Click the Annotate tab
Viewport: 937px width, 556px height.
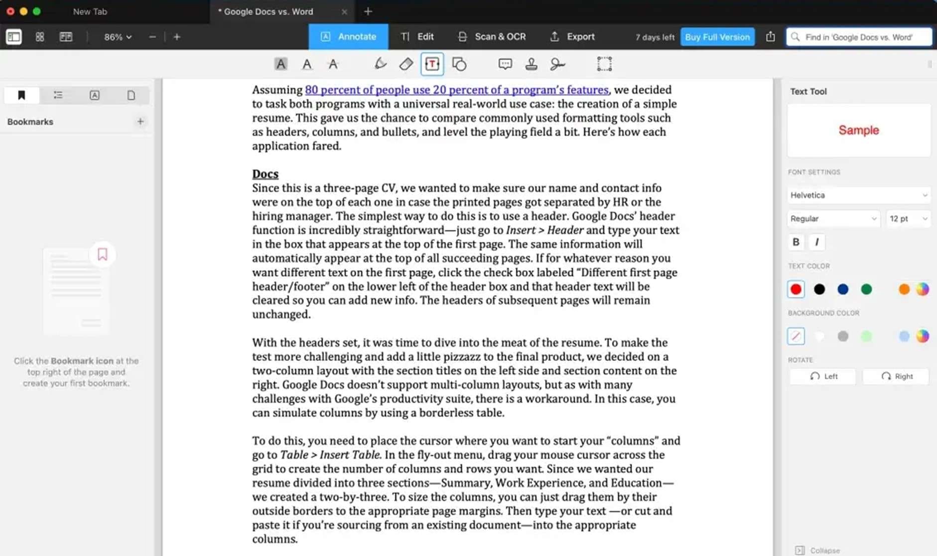(x=348, y=37)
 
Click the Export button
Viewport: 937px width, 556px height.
(x=572, y=37)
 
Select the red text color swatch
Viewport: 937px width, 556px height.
(x=796, y=289)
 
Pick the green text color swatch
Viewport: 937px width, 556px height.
(x=866, y=289)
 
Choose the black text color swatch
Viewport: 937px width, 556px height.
(x=819, y=289)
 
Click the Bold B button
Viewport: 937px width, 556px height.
(x=796, y=242)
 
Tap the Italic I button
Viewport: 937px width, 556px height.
(x=816, y=242)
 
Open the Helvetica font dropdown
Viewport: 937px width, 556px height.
(x=858, y=195)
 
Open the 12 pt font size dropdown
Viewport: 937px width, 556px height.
(x=908, y=219)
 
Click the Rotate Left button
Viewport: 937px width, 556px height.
(x=823, y=376)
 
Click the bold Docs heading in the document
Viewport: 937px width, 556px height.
(x=265, y=174)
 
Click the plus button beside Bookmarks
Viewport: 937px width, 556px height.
(x=140, y=122)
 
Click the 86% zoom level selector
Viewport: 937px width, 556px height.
(x=118, y=37)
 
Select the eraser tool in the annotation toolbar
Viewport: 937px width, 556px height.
(x=406, y=64)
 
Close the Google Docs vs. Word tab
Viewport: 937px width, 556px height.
(x=344, y=12)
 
